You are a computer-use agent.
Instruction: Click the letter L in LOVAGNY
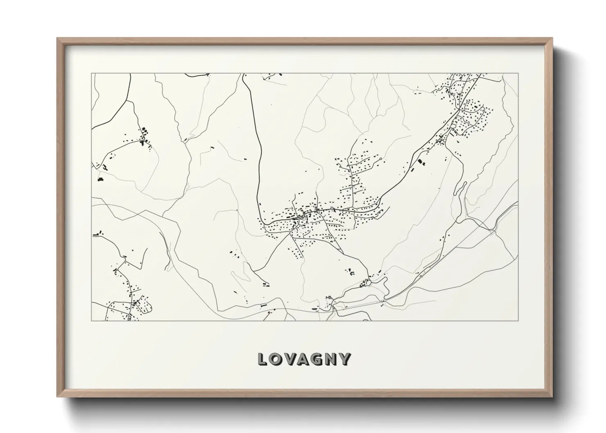pyautogui.click(x=263, y=359)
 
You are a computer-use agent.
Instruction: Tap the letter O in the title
pyautogui.click(x=277, y=359)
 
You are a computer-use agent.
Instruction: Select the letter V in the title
pyautogui.click(x=291, y=359)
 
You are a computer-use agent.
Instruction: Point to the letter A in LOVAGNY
pyautogui.click(x=305, y=359)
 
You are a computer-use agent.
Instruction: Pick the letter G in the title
pyautogui.click(x=319, y=359)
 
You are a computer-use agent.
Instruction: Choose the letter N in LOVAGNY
pyautogui.click(x=332, y=359)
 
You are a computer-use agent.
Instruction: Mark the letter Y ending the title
pyautogui.click(x=346, y=359)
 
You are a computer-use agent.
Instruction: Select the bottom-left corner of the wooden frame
pyautogui.click(x=57, y=396)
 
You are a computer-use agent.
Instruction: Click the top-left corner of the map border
pyautogui.click(x=92, y=74)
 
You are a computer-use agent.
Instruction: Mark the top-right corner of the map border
pyautogui.click(x=518, y=74)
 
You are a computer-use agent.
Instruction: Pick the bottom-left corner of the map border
pyautogui.click(x=92, y=320)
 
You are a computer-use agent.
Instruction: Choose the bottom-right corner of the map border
pyautogui.click(x=518, y=320)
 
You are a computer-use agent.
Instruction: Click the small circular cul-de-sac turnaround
pyautogui.click(x=381, y=158)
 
